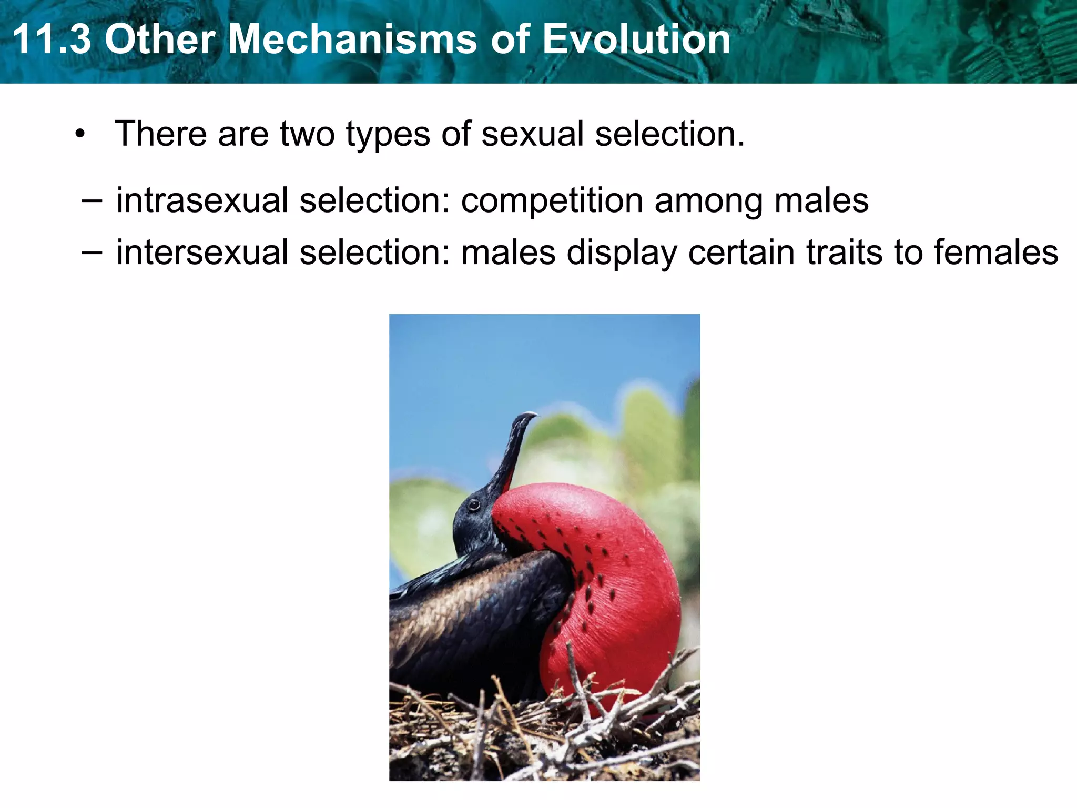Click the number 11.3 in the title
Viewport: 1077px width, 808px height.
coord(52,39)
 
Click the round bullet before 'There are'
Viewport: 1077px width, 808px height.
coord(80,134)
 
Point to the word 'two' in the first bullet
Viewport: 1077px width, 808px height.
coord(307,134)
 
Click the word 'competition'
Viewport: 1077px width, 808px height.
coord(552,201)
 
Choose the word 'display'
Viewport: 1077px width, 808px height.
coord(622,253)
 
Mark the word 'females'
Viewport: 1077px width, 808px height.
coord(996,252)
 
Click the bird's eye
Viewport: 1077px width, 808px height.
coord(474,506)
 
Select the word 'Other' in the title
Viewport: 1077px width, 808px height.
coord(160,39)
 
